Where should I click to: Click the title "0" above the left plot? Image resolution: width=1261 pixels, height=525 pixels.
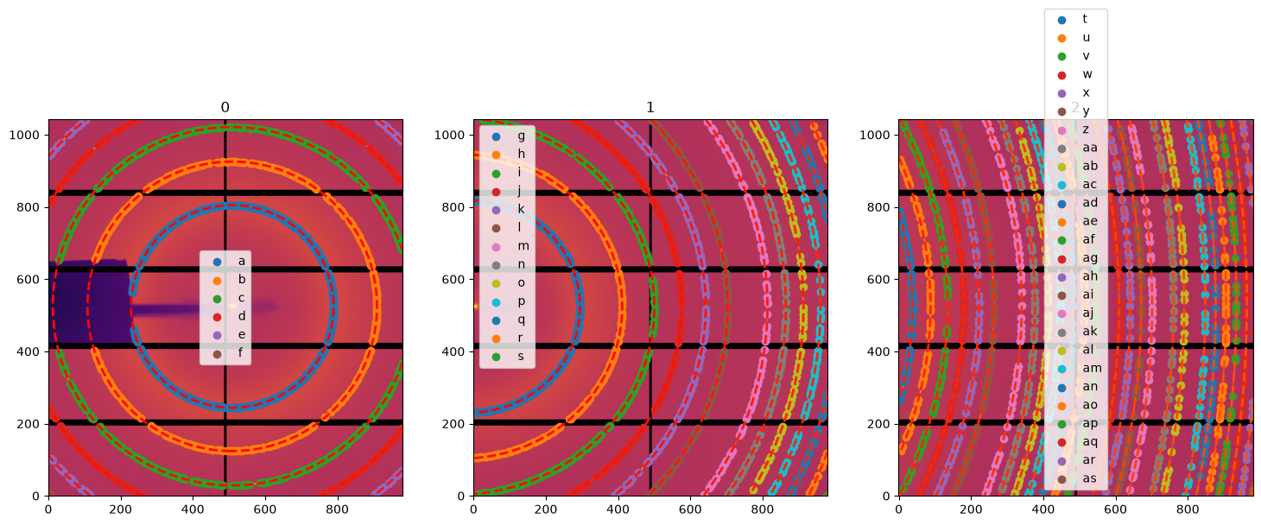pyautogui.click(x=225, y=107)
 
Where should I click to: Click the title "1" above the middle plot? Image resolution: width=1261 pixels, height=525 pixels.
pyautogui.click(x=650, y=107)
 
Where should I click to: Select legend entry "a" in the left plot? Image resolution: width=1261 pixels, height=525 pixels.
pyautogui.click(x=230, y=261)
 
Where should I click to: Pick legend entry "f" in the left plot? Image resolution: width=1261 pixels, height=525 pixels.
pyautogui.click(x=230, y=353)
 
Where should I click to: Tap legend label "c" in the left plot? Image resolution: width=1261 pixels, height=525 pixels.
pyautogui.click(x=242, y=298)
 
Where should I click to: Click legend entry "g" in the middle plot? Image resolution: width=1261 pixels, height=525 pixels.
pyautogui.click(x=509, y=136)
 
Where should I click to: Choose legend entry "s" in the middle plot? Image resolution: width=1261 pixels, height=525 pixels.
pyautogui.click(x=509, y=357)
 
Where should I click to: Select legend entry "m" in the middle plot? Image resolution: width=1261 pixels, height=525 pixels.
pyautogui.click(x=510, y=246)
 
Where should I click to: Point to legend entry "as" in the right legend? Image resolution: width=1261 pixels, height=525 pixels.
pyautogui.click(x=1076, y=478)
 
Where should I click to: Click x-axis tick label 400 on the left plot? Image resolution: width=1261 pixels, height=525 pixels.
pyautogui.click(x=193, y=509)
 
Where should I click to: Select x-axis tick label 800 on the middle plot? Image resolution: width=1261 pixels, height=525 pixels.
pyautogui.click(x=763, y=509)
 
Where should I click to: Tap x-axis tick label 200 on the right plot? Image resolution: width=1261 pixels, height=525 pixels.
pyautogui.click(x=971, y=509)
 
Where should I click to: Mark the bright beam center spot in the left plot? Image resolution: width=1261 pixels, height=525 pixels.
pyautogui.click(x=231, y=307)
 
